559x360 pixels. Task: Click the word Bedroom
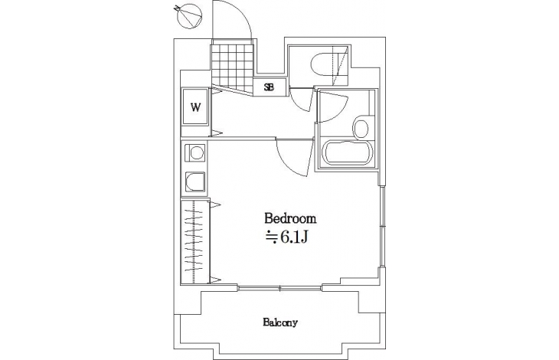290,218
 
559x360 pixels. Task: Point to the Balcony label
280,323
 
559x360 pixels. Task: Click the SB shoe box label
269,87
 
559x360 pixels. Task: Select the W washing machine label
195,107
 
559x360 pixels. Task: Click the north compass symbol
188,15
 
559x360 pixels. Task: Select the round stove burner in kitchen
196,153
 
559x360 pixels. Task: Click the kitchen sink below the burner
195,182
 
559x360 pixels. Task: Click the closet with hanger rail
195,242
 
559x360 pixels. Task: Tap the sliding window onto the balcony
279,288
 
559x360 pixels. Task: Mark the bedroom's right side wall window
381,226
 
